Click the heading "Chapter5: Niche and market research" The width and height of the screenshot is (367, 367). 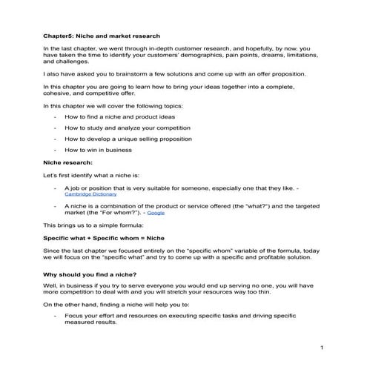click(x=101, y=35)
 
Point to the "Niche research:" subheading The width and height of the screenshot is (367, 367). click(x=68, y=162)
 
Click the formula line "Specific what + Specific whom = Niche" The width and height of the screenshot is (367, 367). click(x=104, y=238)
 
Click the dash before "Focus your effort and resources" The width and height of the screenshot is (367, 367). click(x=57, y=315)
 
